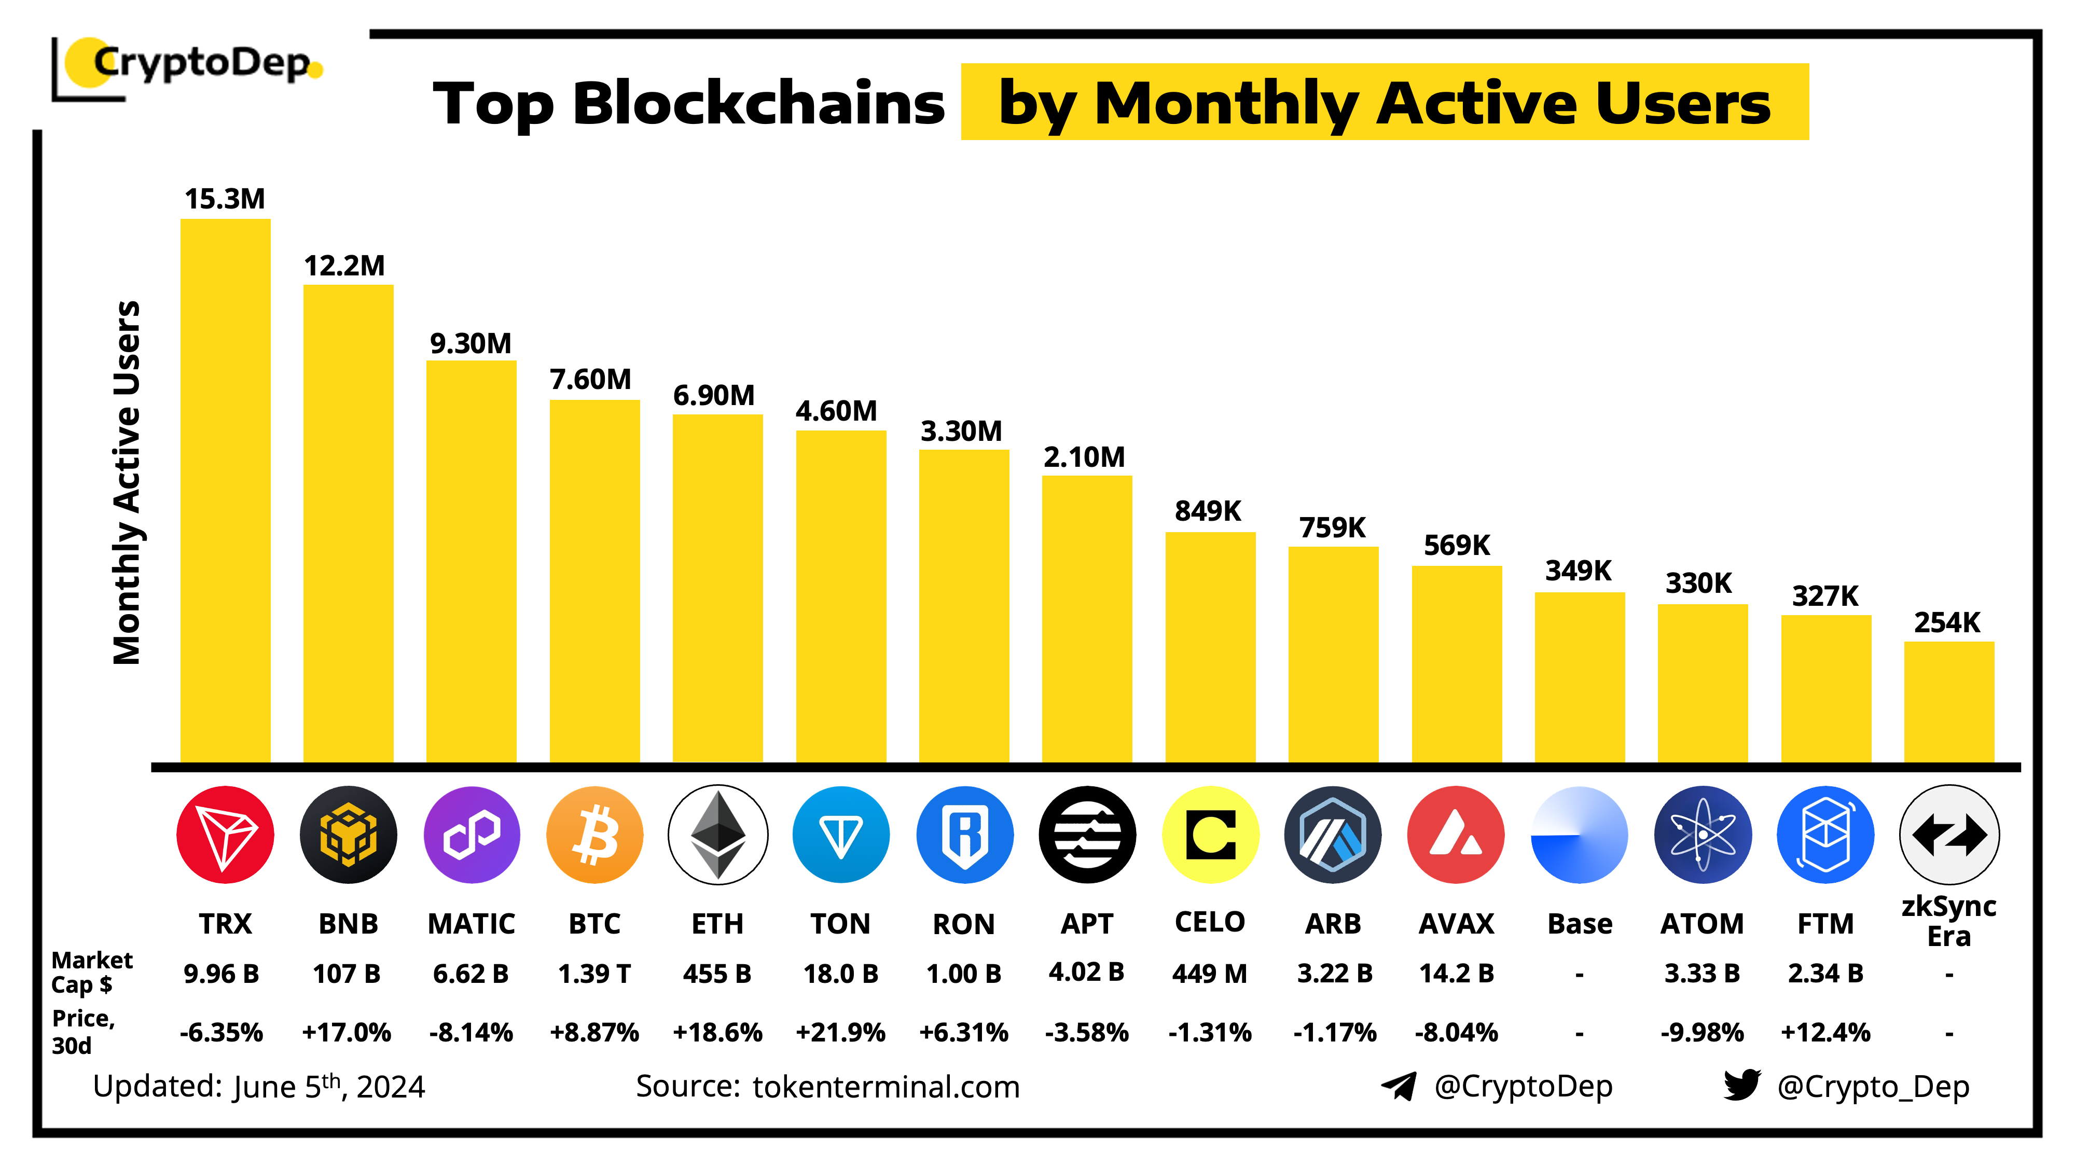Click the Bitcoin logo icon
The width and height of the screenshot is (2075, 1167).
(x=594, y=835)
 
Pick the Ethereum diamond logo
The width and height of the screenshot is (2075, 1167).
(x=718, y=835)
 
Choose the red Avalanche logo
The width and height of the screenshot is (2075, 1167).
(x=1456, y=835)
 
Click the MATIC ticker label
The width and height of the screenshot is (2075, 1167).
(x=471, y=924)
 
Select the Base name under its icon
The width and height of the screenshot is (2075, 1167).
(x=1580, y=924)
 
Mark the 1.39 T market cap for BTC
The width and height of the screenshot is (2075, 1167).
(x=594, y=974)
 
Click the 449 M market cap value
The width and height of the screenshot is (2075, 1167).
(x=1209, y=974)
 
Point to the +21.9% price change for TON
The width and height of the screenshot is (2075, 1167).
(x=840, y=1033)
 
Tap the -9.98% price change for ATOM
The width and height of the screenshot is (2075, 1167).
(x=1702, y=1033)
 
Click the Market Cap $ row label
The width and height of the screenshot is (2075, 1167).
(x=91, y=972)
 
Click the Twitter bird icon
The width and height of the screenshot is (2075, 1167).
(x=1741, y=1085)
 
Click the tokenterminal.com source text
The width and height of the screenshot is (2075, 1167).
(x=886, y=1087)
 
